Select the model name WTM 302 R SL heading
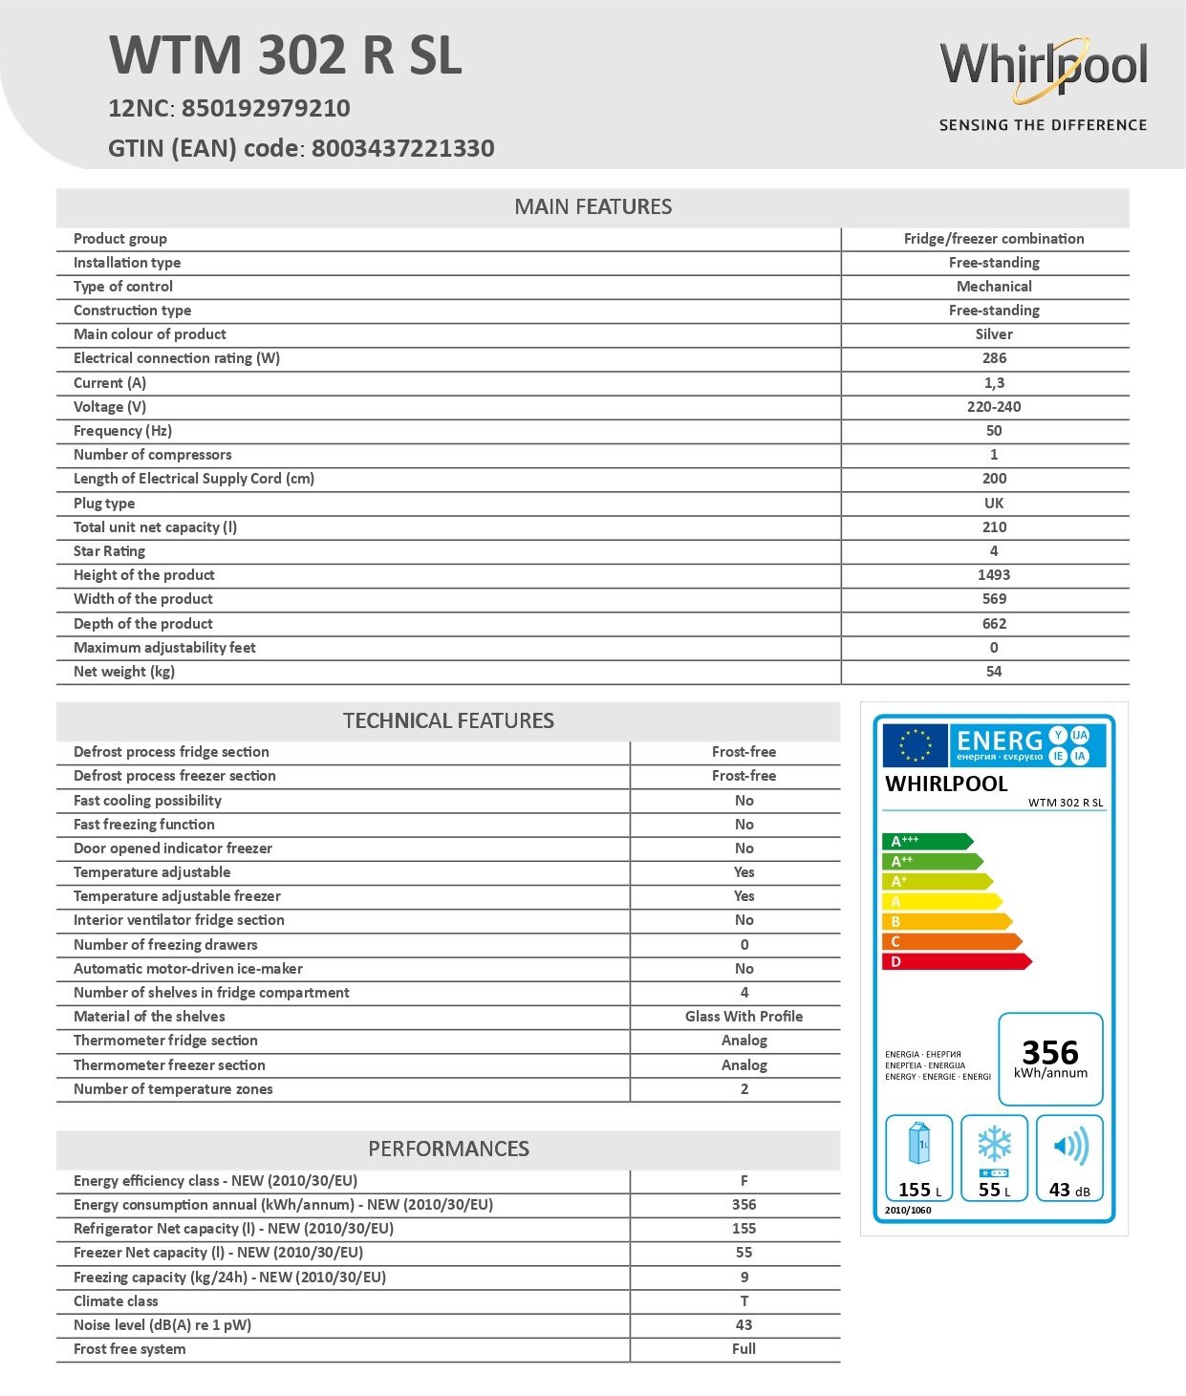[286, 55]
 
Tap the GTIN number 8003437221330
[402, 148]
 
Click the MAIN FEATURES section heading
[593, 206]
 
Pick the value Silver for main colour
[994, 334]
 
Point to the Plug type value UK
[994, 504]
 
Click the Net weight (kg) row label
[124, 672]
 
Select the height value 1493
[994, 575]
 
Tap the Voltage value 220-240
[994, 407]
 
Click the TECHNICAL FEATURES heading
[448, 720]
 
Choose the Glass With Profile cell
[744, 1017]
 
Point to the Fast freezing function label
[144, 825]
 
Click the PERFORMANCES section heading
[448, 1149]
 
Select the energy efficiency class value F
[744, 1181]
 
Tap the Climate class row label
[116, 1301]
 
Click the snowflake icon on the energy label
[994, 1144]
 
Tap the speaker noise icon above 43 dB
[1070, 1146]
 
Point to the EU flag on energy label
[915, 745]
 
